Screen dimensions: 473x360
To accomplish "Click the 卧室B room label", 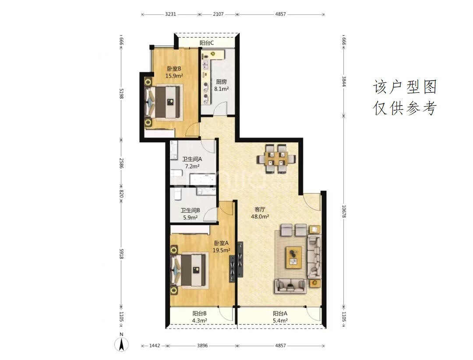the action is pyautogui.click(x=174, y=69).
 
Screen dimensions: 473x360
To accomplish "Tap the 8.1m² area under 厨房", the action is pyautogui.click(x=222, y=89).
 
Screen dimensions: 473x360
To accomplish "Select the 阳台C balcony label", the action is pyautogui.click(x=207, y=43).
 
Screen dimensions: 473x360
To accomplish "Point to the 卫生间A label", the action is pyautogui.click(x=192, y=159).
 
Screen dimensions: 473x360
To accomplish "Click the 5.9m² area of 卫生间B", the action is pyautogui.click(x=191, y=217).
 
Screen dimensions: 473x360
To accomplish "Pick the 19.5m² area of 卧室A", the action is pyautogui.click(x=222, y=250).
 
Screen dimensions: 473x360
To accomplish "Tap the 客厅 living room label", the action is pyautogui.click(x=260, y=209).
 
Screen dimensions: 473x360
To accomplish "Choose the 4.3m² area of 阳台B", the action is pyautogui.click(x=199, y=321).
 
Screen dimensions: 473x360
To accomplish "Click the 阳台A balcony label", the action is pyautogui.click(x=280, y=314).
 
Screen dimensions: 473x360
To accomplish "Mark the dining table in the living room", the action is pyautogui.click(x=276, y=159).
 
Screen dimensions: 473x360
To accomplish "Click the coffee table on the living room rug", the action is pyautogui.click(x=293, y=258).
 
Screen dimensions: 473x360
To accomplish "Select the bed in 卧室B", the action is pyautogui.click(x=164, y=102).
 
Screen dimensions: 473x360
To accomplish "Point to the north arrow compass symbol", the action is pyautogui.click(x=122, y=344).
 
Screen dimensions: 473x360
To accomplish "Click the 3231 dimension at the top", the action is pyautogui.click(x=170, y=14).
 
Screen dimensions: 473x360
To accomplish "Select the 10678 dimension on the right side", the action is pyautogui.click(x=344, y=211).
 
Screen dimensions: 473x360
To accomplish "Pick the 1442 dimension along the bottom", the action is pyautogui.click(x=155, y=346).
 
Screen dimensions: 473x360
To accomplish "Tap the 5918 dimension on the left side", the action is pyautogui.click(x=122, y=254).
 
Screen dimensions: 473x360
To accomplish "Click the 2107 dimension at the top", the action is pyautogui.click(x=219, y=14).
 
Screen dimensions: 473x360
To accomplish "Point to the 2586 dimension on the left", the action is pyautogui.click(x=122, y=163).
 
